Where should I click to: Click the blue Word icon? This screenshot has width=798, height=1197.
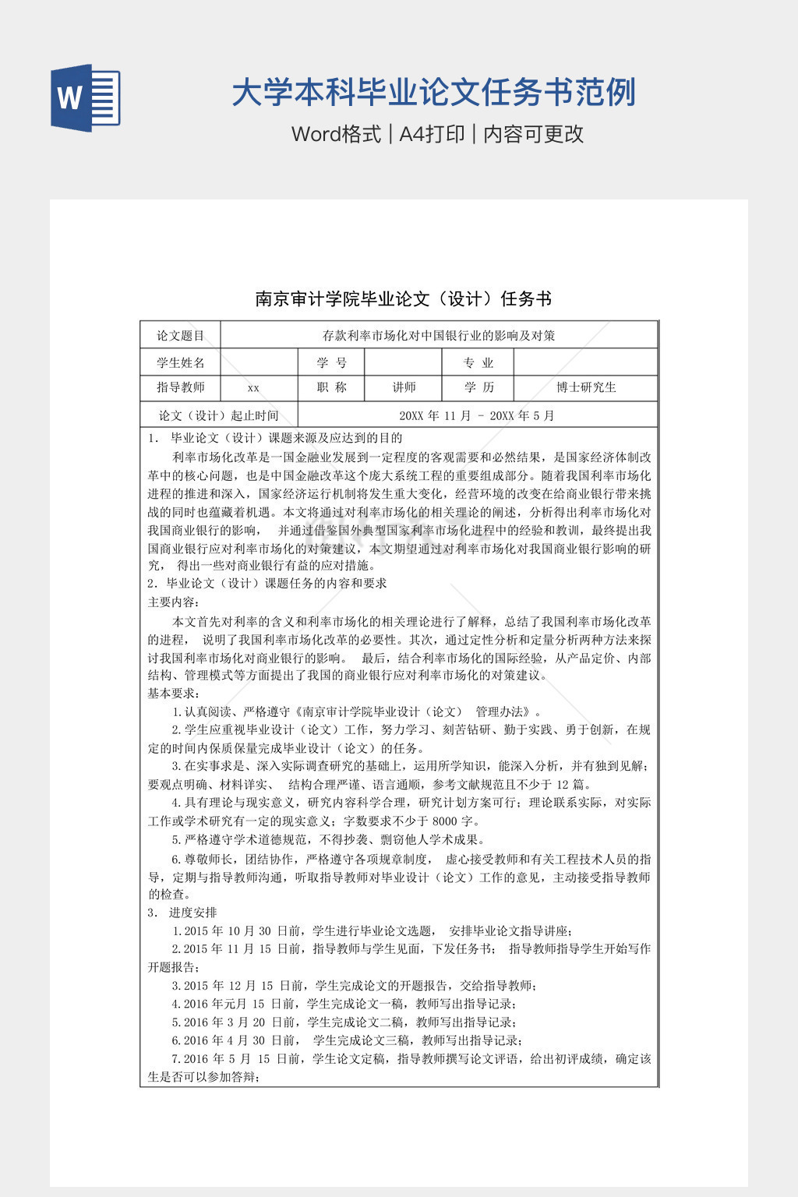(x=86, y=97)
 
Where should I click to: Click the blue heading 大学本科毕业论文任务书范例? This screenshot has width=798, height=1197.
(x=433, y=93)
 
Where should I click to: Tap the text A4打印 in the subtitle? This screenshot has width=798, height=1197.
(x=432, y=134)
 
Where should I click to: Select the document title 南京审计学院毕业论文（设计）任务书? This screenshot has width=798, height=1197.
(x=403, y=298)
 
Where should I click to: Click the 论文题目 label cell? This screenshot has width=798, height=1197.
(x=180, y=336)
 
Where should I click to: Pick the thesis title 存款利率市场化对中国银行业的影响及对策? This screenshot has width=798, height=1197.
(x=439, y=336)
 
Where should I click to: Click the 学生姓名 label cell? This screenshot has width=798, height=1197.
(x=180, y=362)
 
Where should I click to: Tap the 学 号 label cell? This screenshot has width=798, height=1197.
(x=331, y=362)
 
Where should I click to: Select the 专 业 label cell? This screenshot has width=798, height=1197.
(x=478, y=362)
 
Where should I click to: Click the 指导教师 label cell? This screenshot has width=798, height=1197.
(x=180, y=387)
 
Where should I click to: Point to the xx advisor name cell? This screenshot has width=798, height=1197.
(x=253, y=388)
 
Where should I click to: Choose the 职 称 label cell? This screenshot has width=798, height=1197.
(x=331, y=387)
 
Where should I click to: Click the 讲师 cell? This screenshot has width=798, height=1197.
(x=404, y=387)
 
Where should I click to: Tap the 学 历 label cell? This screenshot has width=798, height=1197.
(x=478, y=387)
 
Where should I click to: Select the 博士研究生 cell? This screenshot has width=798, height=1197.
(x=586, y=387)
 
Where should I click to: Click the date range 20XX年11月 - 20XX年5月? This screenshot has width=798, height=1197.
(x=476, y=415)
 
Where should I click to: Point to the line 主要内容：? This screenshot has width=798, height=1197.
(x=174, y=602)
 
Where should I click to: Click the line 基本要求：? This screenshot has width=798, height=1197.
(x=174, y=693)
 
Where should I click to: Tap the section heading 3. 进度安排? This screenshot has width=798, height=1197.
(x=182, y=913)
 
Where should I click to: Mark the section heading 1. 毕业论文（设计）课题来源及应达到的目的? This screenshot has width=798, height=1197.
(x=275, y=438)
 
